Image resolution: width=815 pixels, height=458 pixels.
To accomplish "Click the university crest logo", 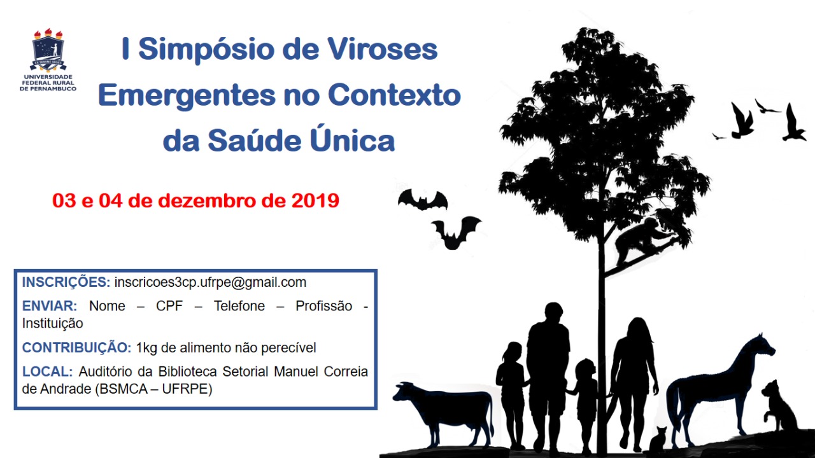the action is pos(48,50).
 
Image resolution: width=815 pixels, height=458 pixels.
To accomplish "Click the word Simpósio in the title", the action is pos(206,50).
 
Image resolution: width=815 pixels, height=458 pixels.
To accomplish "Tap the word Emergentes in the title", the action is pos(187,95).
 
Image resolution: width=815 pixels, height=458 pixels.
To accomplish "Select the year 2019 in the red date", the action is pos(315,200).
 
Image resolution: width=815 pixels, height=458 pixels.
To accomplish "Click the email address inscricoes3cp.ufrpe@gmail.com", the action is pos(210,282).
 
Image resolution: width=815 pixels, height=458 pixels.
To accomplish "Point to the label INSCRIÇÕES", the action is pos(66,282).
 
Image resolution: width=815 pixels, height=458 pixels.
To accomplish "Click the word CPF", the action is pos(169,306).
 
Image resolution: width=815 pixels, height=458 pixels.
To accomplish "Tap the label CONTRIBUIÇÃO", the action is pos(76,347).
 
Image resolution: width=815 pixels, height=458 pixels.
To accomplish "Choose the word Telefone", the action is pos(239,306).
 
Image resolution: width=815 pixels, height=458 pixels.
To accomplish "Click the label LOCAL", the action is pos(47,371).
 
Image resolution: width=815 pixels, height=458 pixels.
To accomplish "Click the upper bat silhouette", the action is pos(423,200).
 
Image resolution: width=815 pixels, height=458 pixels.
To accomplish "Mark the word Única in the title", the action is pos(352,138).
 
